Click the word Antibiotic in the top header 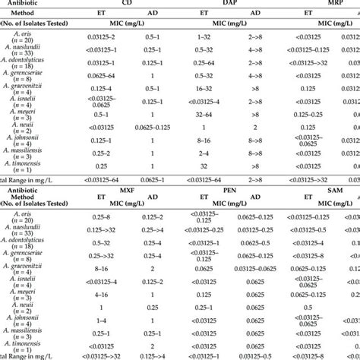[x=23, y=4]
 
